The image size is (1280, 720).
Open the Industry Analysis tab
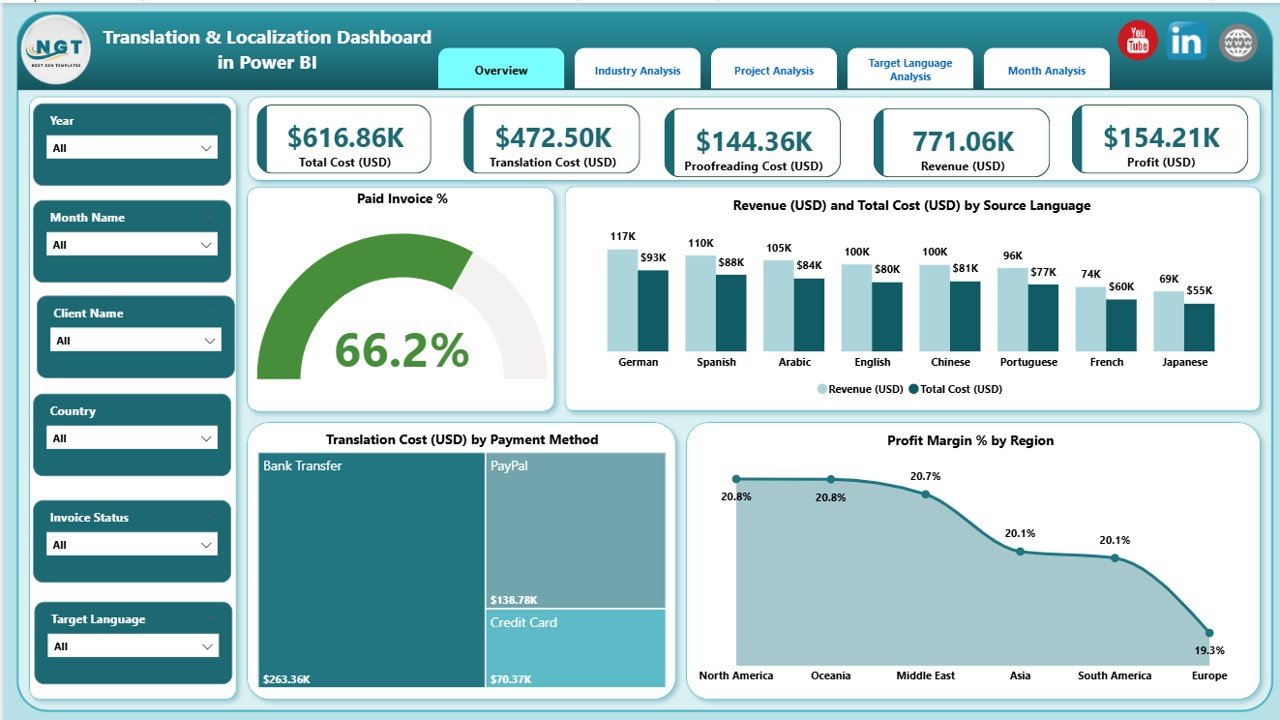click(637, 70)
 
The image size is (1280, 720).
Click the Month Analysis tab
click(1046, 70)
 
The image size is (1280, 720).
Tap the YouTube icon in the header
click(1137, 41)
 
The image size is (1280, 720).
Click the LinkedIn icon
click(1187, 41)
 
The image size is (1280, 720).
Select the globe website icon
click(1238, 42)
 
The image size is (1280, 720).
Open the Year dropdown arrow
click(206, 148)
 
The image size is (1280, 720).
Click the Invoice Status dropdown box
click(132, 545)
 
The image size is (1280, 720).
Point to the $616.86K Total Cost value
click(345, 137)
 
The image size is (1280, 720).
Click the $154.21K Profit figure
click(1162, 137)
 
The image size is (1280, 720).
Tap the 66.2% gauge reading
click(401, 350)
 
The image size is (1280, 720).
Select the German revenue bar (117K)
click(622, 299)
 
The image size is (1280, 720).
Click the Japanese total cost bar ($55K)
click(1199, 326)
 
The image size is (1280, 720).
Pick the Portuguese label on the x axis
click(1028, 362)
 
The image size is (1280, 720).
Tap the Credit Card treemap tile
click(576, 648)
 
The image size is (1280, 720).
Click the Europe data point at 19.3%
click(1209, 632)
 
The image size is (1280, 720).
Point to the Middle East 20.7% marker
click(926, 494)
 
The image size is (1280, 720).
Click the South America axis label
click(1114, 675)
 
